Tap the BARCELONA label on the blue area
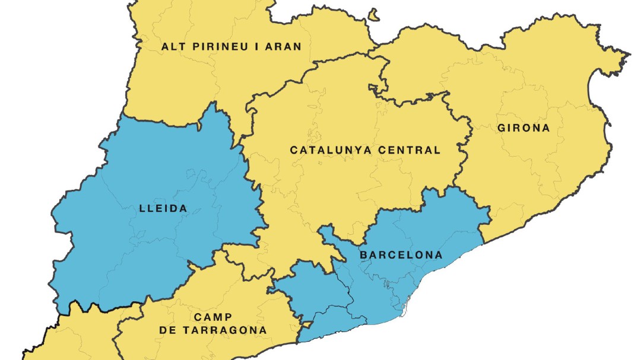click(401, 255)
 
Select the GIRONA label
click(524, 128)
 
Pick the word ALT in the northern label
click(172, 46)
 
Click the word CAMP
click(212, 317)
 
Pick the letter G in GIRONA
click(502, 128)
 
